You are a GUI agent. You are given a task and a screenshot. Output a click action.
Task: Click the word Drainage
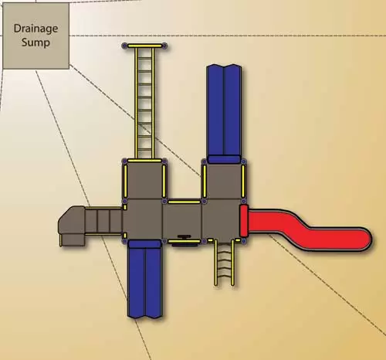[36, 29]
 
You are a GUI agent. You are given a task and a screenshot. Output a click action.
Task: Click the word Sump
[36, 42]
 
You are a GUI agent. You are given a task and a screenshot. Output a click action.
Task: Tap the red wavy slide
[306, 229]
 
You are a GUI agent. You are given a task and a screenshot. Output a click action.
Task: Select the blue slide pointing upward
[224, 114]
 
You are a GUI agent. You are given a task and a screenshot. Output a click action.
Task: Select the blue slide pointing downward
[145, 279]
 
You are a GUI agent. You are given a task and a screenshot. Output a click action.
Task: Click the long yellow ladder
[144, 103]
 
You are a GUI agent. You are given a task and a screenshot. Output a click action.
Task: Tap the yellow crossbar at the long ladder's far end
[145, 46]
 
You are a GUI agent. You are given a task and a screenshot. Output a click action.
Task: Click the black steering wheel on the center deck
[185, 236]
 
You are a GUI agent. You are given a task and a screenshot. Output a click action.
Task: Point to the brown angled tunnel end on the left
[72, 226]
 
